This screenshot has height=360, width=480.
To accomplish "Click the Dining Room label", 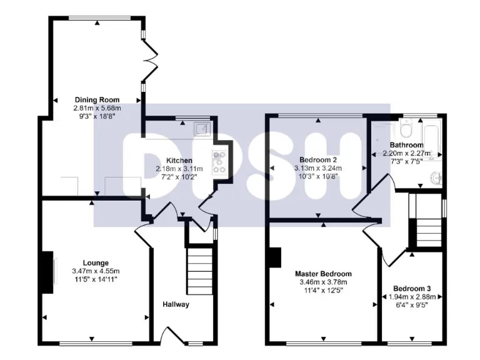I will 97,99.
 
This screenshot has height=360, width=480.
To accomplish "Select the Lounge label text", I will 96,262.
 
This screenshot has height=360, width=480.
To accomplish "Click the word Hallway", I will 176,304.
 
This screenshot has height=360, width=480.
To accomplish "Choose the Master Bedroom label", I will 323,274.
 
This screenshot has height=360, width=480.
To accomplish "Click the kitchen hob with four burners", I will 221,161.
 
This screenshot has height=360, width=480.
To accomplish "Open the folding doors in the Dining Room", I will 149,60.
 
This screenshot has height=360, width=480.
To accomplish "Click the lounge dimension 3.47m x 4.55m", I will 96,271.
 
